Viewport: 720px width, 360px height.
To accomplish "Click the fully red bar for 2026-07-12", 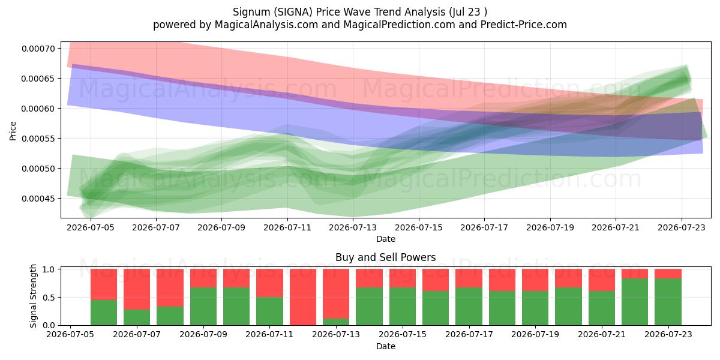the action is (x=303, y=297).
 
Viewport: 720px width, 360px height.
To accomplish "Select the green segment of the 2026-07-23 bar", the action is (x=668, y=302).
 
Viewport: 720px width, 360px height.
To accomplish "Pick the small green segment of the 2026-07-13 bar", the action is (x=336, y=322).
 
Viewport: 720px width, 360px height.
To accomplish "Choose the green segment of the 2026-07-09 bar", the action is (x=203, y=307).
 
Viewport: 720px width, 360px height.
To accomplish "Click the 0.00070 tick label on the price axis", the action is (x=38, y=49).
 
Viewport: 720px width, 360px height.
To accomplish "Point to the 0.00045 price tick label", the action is (x=38, y=199).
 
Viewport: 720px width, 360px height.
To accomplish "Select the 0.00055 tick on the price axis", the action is (x=38, y=139).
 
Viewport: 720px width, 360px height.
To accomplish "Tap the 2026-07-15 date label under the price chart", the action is (x=419, y=227).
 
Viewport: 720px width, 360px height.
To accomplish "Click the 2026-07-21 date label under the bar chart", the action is (x=602, y=334).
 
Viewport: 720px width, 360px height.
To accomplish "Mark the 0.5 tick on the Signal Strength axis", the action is (x=49, y=298).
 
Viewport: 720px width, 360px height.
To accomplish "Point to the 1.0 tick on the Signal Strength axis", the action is (x=49, y=269).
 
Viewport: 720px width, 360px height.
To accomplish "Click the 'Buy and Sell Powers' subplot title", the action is (x=386, y=257).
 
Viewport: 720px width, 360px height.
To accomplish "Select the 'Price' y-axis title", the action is (x=13, y=131).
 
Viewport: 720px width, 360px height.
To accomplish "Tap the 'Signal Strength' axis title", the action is (x=34, y=296).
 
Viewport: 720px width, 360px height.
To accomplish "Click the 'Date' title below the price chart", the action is (x=386, y=239).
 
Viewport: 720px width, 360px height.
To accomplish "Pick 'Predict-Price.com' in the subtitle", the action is (x=524, y=25).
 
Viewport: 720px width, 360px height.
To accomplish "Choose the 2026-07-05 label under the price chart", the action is (x=91, y=227).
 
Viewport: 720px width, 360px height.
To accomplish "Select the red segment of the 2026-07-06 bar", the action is (x=104, y=284).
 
